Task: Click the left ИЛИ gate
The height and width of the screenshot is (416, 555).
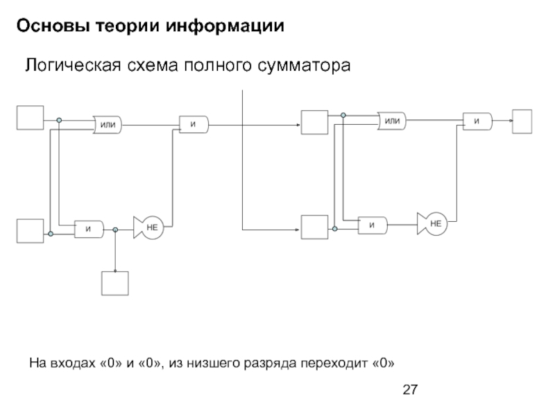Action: pyautogui.click(x=108, y=125)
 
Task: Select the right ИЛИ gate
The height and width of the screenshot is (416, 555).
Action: pyautogui.click(x=392, y=121)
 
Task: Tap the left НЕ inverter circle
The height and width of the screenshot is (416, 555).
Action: pyautogui.click(x=152, y=227)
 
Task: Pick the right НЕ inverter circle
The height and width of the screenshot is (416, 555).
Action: pyautogui.click(x=436, y=223)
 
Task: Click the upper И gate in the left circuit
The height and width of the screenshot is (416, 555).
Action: pyautogui.click(x=194, y=125)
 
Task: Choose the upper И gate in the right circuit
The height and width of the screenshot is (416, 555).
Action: pyautogui.click(x=477, y=121)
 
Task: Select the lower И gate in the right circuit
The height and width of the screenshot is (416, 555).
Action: pyautogui.click(x=373, y=224)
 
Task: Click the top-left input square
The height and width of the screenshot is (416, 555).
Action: pyautogui.click(x=30, y=118)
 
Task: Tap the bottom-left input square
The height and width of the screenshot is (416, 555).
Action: pyautogui.click(x=30, y=230)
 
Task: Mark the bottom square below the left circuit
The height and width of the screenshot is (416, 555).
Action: pyautogui.click(x=115, y=282)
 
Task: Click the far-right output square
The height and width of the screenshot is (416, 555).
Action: pyautogui.click(x=522, y=121)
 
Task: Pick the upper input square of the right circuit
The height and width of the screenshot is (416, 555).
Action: pyautogui.click(x=313, y=123)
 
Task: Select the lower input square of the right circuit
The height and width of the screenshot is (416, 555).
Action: pyautogui.click(x=313, y=227)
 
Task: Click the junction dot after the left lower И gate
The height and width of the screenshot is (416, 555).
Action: pyautogui.click(x=116, y=229)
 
